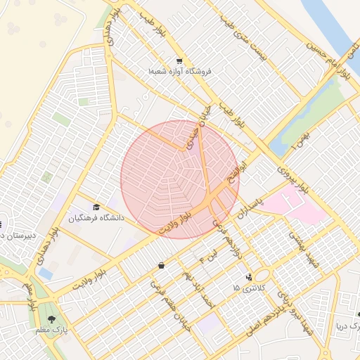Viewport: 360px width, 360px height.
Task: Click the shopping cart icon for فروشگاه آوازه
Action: click(x=179, y=61)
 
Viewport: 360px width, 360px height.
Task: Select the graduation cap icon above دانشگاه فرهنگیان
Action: click(x=96, y=207)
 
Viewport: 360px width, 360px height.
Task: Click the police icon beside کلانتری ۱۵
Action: click(x=249, y=277)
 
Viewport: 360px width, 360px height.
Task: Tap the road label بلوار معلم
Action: click(x=31, y=298)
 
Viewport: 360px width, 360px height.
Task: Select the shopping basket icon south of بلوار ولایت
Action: click(x=162, y=265)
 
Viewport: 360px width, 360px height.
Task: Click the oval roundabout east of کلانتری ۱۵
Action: click(x=264, y=276)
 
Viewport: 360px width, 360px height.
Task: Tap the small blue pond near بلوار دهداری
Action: click(x=46, y=272)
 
